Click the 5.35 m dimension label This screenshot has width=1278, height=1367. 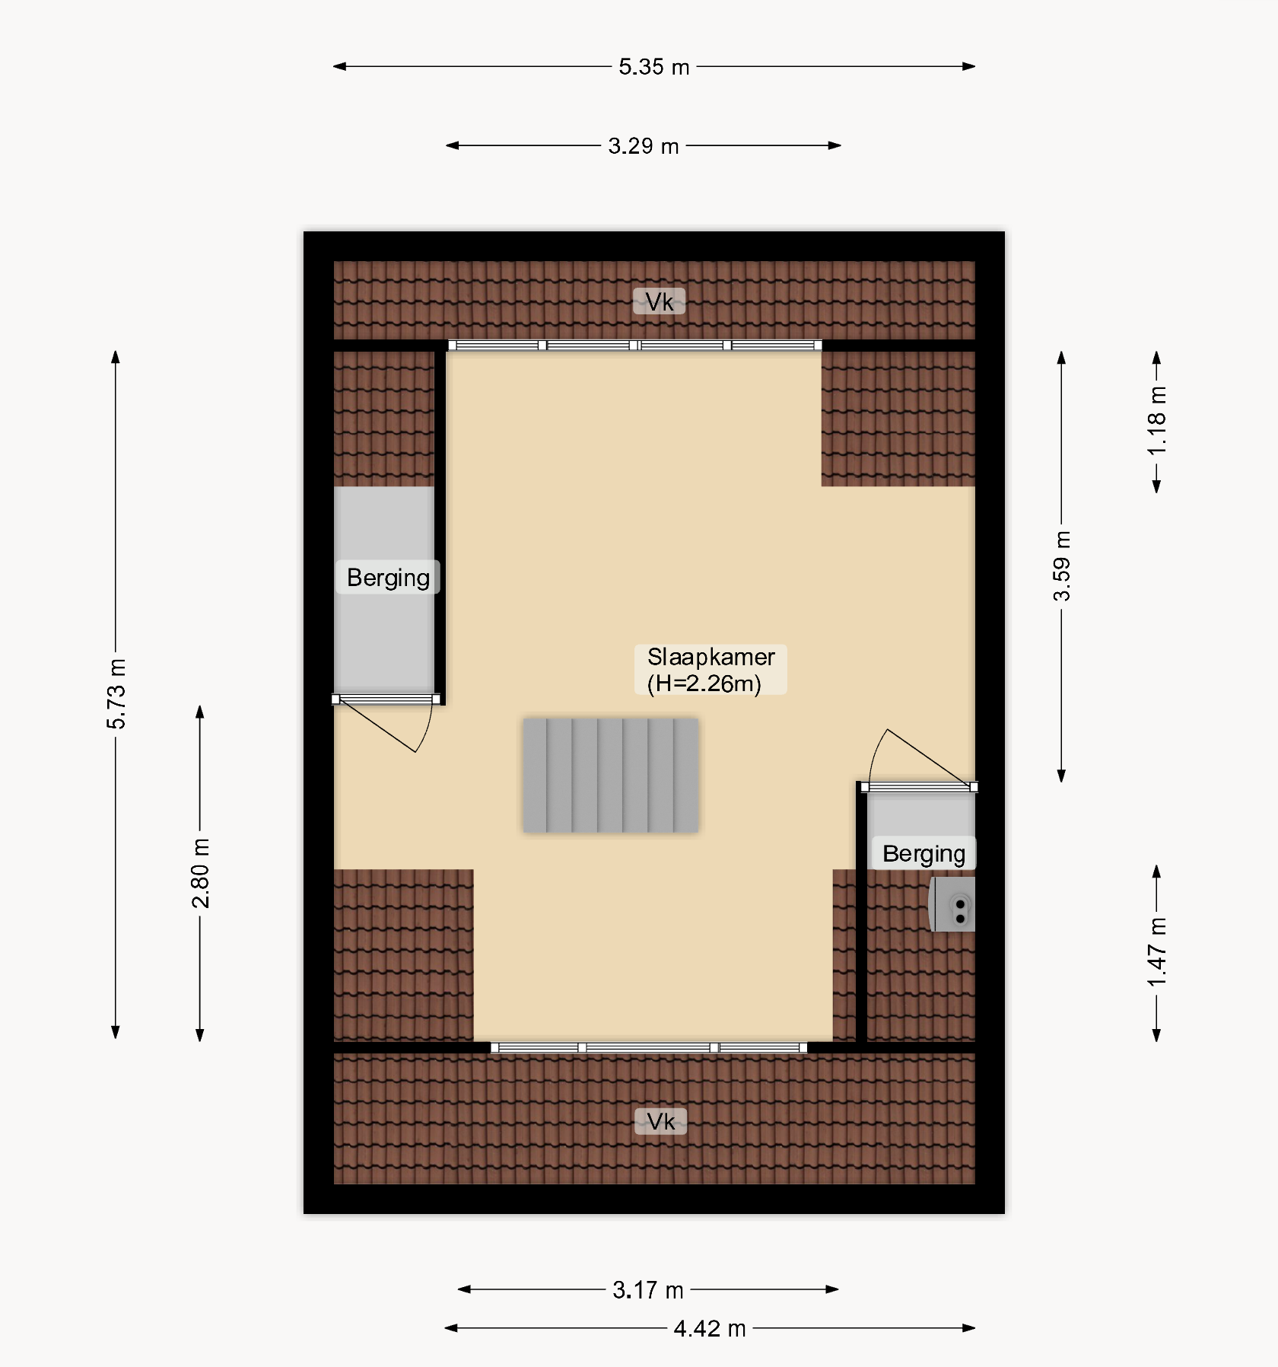tap(653, 67)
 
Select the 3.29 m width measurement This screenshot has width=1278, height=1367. tap(643, 145)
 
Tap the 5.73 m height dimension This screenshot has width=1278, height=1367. tap(116, 693)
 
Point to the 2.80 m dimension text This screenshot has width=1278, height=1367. tap(200, 873)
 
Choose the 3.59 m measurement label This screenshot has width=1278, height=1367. tap(1061, 566)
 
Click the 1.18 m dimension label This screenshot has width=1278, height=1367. tap(1156, 421)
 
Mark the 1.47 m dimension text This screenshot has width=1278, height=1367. tap(1156, 952)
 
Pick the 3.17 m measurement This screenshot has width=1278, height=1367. tap(648, 1290)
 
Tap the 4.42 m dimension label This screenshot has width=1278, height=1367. tap(710, 1329)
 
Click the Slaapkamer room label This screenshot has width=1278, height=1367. tap(711, 657)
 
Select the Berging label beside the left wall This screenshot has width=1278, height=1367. tap(388, 578)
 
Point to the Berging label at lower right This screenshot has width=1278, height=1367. tap(924, 854)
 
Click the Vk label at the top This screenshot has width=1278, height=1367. tap(660, 302)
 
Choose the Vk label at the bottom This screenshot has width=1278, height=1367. tap(661, 1121)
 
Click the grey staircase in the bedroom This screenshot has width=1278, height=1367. tap(610, 775)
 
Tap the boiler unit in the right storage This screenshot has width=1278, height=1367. tap(952, 904)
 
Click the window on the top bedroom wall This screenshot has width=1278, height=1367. tap(635, 346)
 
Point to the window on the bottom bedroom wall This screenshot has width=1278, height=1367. tap(649, 1048)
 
